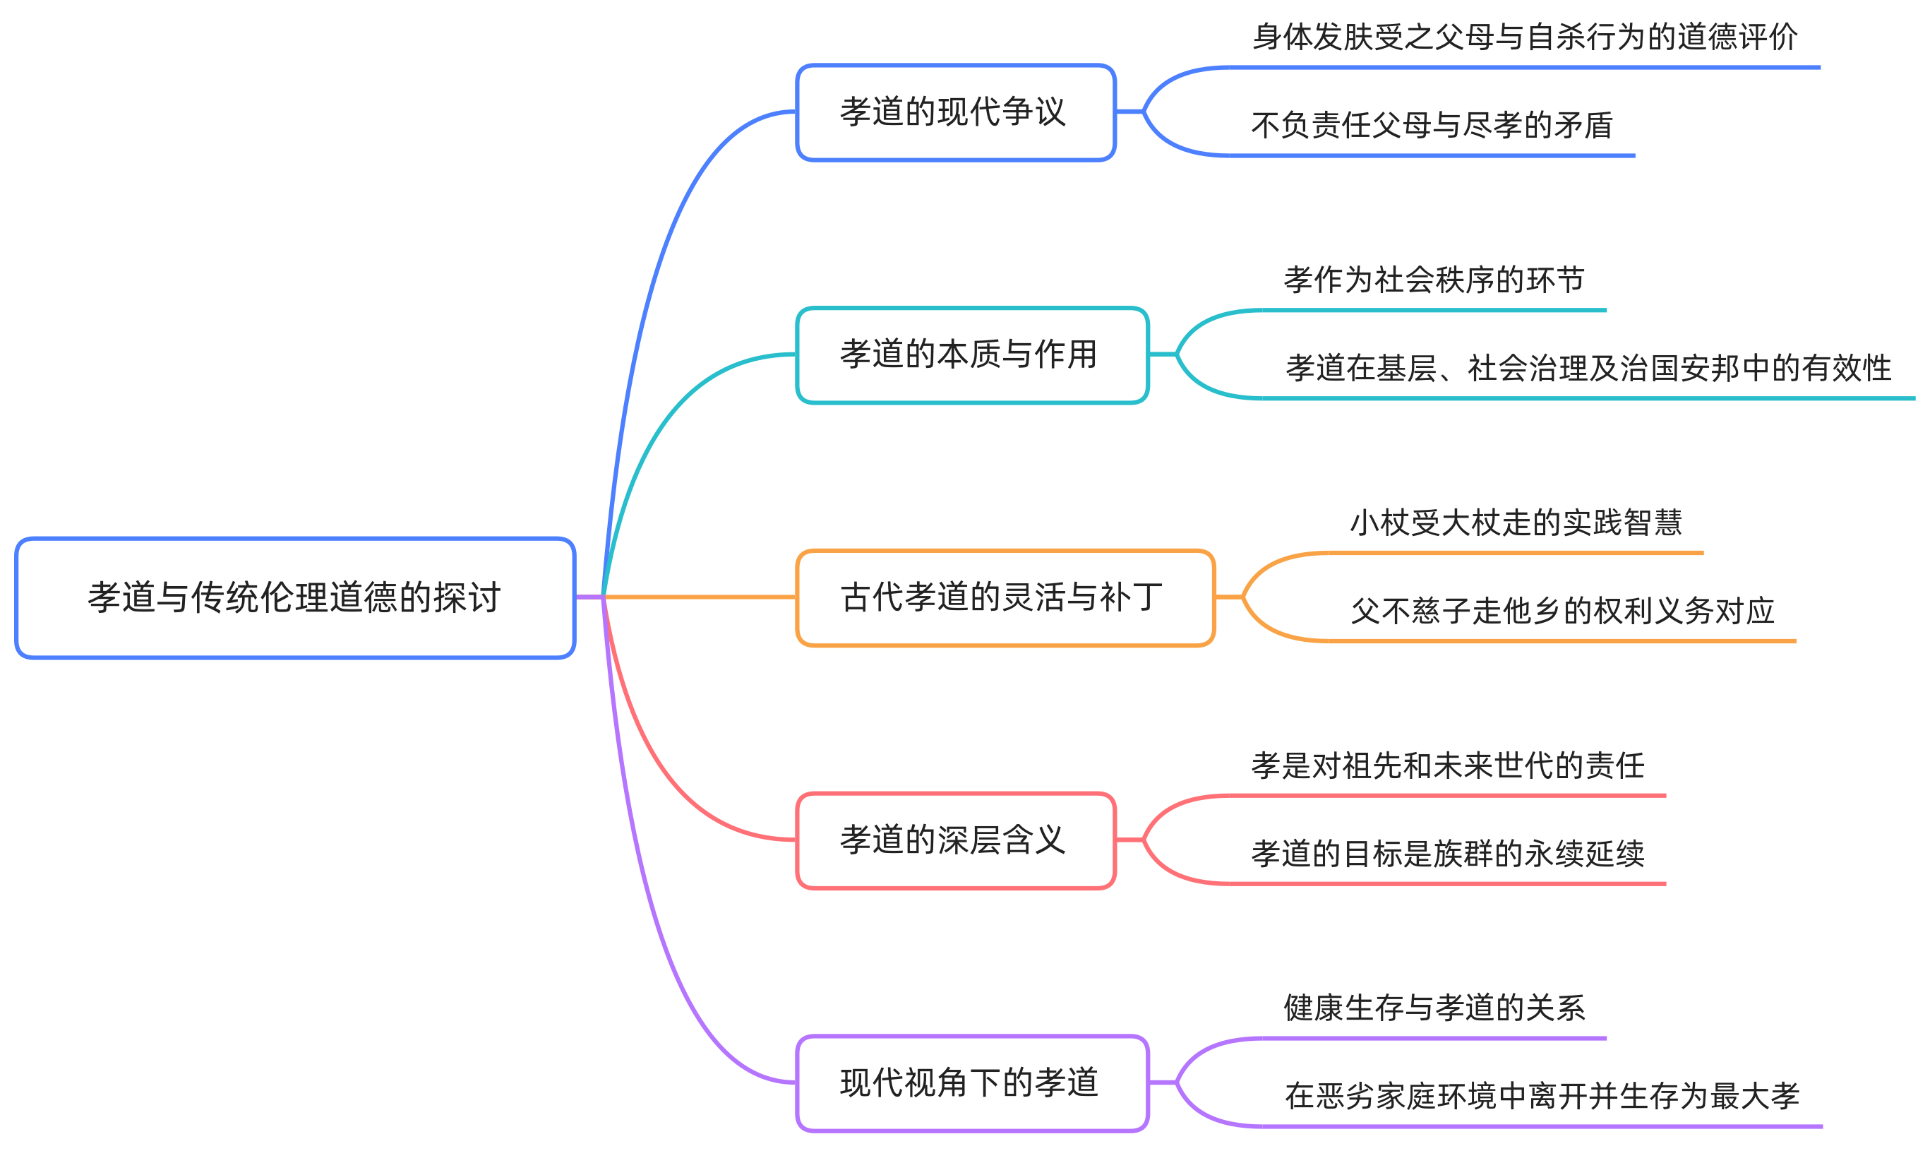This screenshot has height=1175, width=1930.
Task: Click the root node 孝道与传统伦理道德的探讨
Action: tap(294, 597)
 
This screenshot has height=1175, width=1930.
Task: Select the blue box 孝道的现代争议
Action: tap(955, 112)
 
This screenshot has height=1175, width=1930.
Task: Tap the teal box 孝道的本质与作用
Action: tap(971, 355)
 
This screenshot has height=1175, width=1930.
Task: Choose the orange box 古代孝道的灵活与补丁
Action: tap(1004, 597)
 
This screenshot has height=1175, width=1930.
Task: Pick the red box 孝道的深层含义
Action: tap(955, 840)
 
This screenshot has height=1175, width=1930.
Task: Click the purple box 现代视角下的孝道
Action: tap(971, 1083)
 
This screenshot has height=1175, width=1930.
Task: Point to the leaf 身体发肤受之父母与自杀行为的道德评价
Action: tap(1524, 37)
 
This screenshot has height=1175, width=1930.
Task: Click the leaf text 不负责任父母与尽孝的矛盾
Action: tap(1432, 125)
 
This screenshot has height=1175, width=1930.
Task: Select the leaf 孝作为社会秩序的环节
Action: tap(1434, 280)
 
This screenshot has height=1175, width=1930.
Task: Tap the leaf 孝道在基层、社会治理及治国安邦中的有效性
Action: tap(1588, 368)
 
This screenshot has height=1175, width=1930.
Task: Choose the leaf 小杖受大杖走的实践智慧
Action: tap(1516, 523)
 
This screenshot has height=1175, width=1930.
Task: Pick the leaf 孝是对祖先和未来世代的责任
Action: tap(1447, 765)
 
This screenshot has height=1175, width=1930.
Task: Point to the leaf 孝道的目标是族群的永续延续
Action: tap(1447, 854)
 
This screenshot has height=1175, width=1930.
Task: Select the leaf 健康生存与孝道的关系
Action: tap(1434, 1008)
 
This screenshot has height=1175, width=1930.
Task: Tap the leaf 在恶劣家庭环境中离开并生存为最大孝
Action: tap(1542, 1097)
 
